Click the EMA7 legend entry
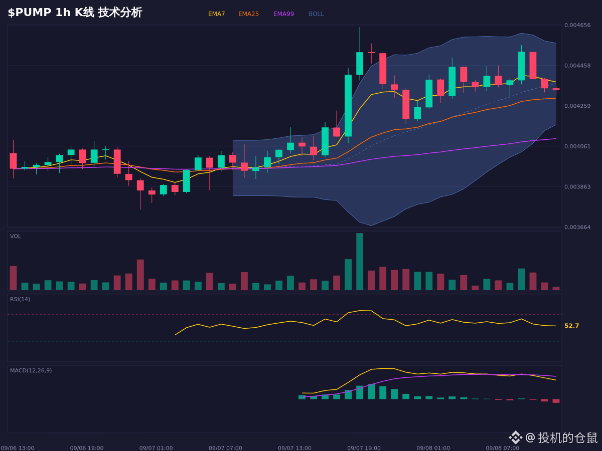coord(216,14)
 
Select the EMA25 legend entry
coord(248,14)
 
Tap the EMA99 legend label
coord(283,14)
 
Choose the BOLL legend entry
coord(316,14)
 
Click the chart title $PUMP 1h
coord(39,13)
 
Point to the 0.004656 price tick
coord(577,25)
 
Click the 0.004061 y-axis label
coord(577,146)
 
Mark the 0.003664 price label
coord(577,227)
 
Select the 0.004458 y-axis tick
coord(577,66)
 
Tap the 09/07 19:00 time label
coord(364,448)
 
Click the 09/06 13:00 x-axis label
coord(18,448)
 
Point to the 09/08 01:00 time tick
coord(433,448)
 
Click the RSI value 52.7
coord(571,326)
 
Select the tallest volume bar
coord(360,262)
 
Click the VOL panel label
coord(16,237)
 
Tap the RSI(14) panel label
coord(20,299)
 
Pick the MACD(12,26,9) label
coord(31,370)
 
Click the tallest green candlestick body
coord(348,106)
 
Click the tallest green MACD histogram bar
coord(371,391)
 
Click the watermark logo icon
coord(515,437)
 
